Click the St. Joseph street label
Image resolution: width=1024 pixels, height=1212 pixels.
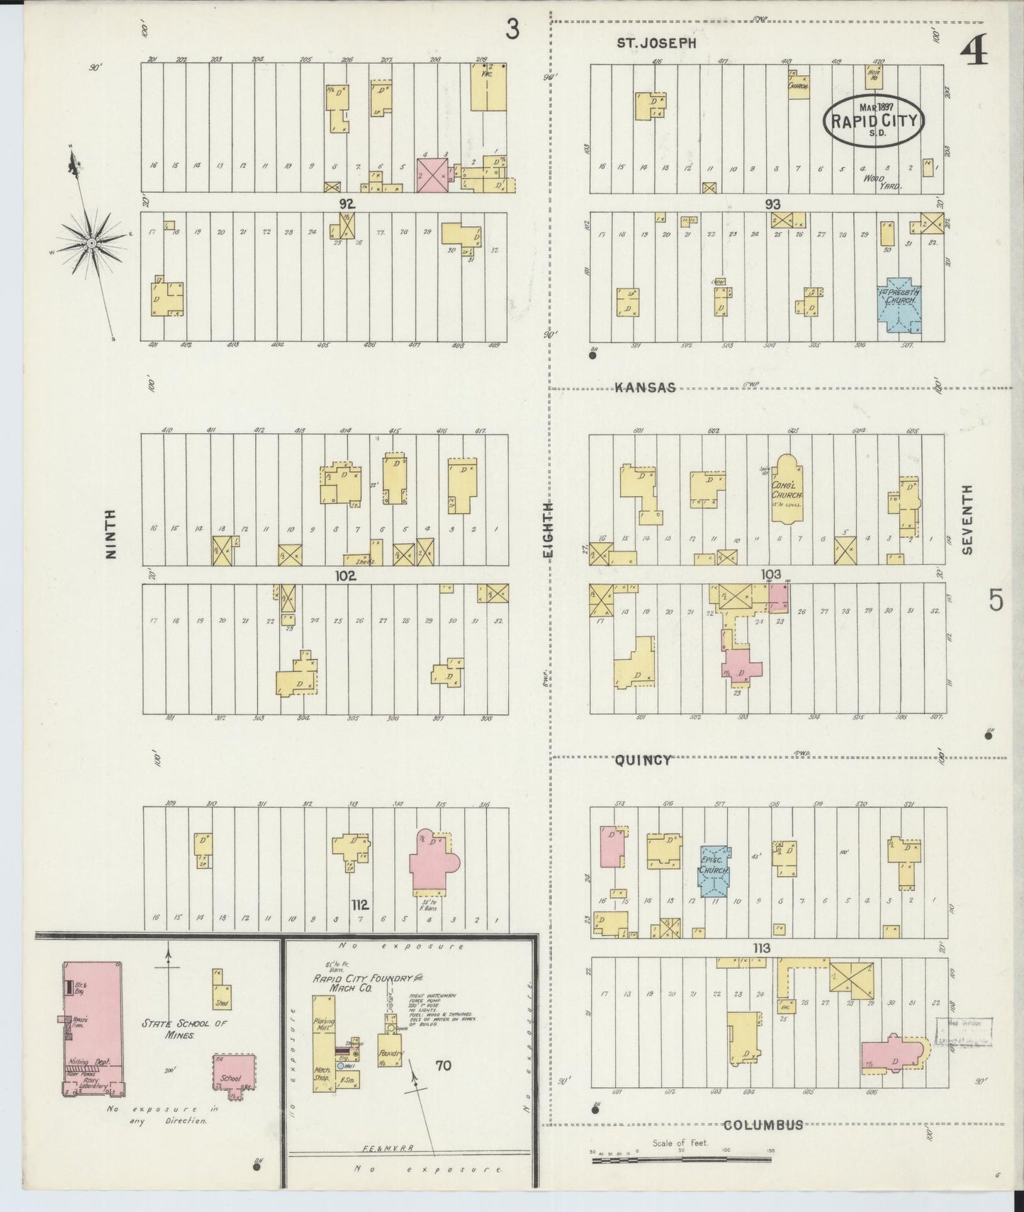click(x=656, y=43)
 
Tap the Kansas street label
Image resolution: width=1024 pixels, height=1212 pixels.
click(x=645, y=388)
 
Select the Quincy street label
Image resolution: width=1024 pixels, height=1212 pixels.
click(x=643, y=760)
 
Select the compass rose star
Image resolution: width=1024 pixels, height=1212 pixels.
click(x=91, y=243)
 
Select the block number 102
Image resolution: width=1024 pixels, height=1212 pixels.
click(x=346, y=576)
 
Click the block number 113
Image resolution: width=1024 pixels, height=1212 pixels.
click(x=762, y=948)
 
